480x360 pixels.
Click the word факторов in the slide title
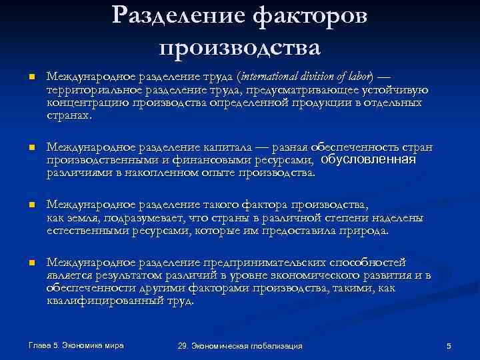[x=312, y=16]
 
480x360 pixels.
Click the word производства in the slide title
[x=240, y=48]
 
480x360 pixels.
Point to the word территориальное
[x=89, y=91]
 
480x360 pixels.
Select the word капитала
[x=211, y=147]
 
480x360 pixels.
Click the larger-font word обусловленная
[x=368, y=160]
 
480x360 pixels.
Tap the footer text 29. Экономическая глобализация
[x=240, y=345]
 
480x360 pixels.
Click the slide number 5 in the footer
[x=449, y=345]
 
